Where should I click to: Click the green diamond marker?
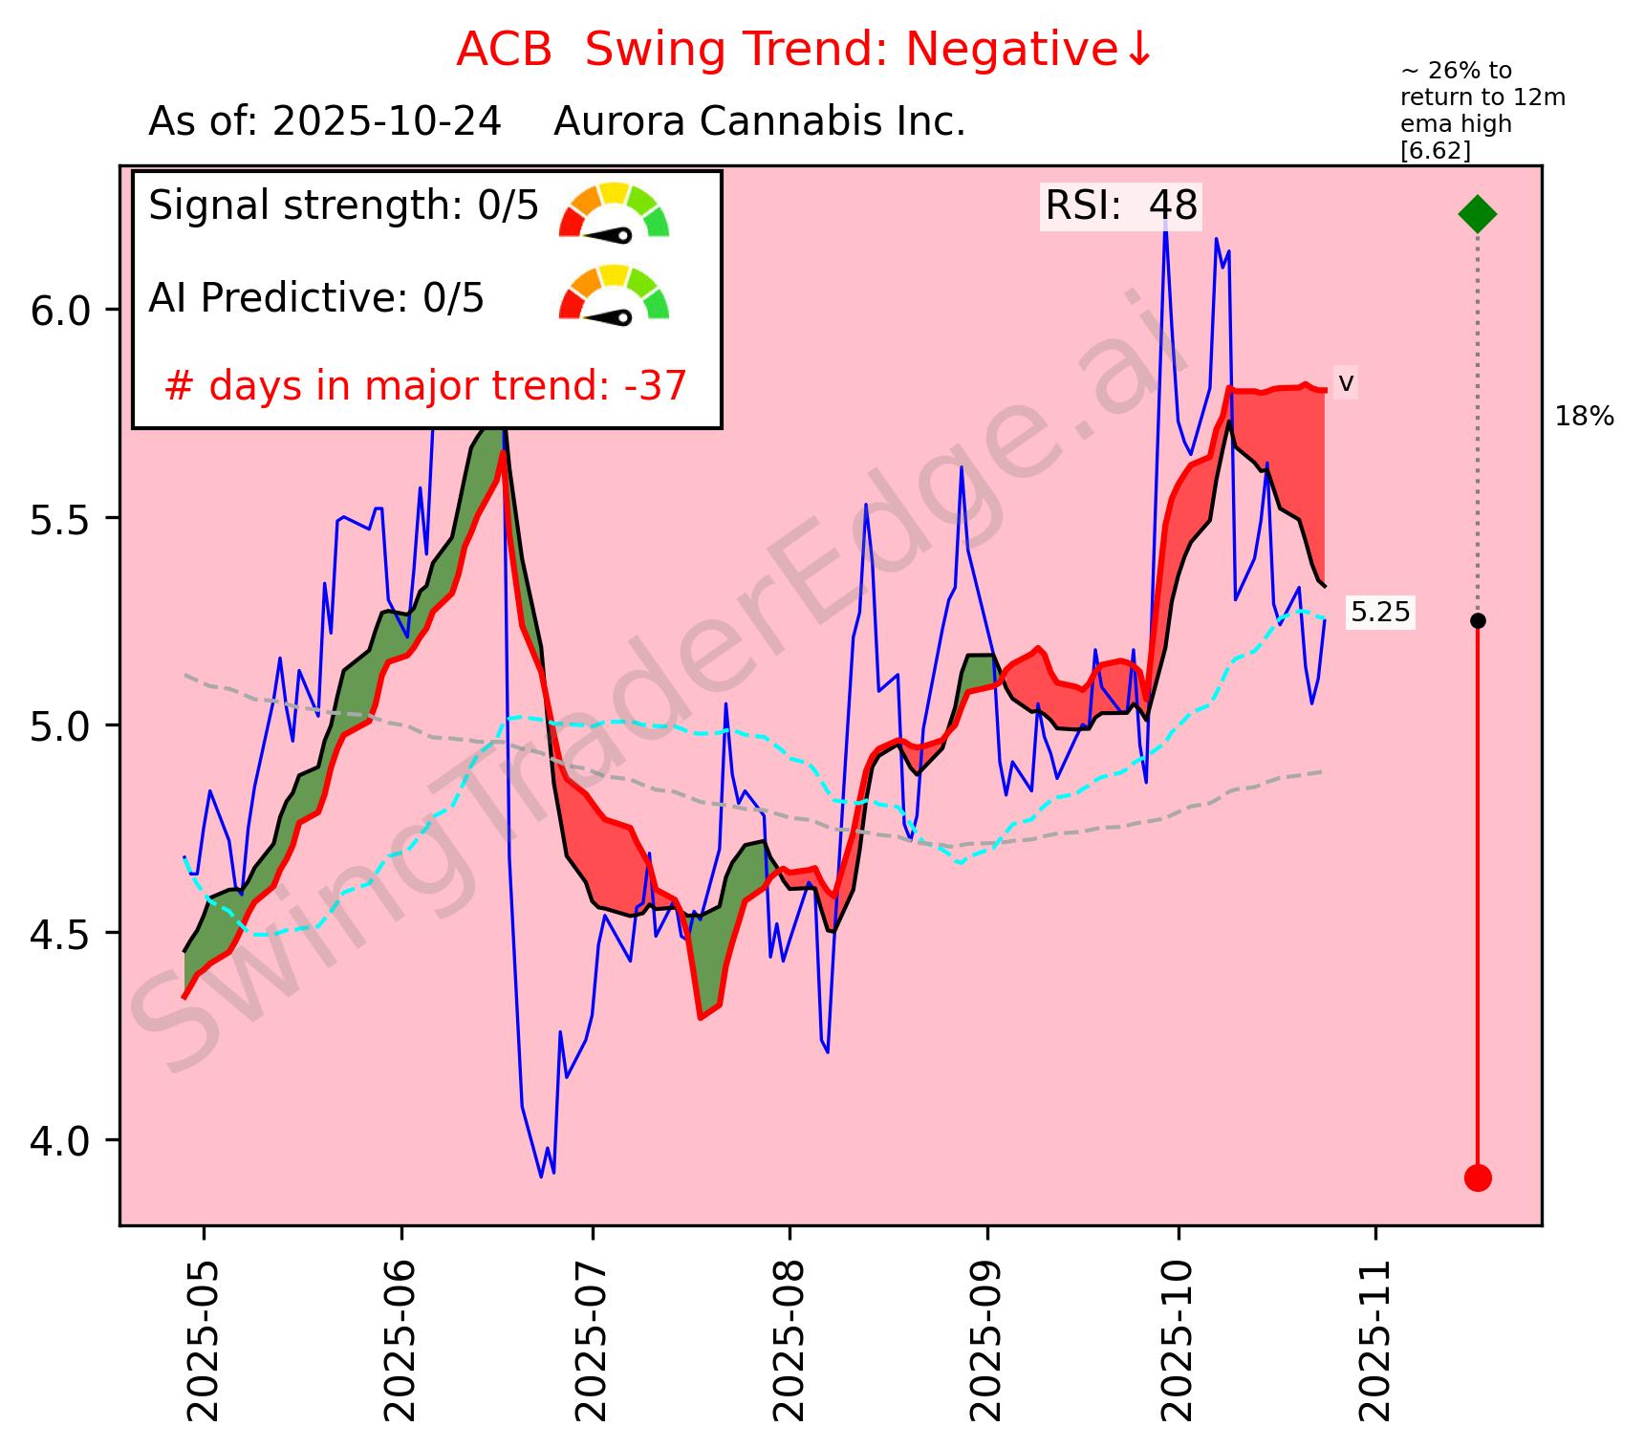[1477, 213]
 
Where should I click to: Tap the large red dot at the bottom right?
[1478, 1178]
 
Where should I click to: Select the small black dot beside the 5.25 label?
[1478, 620]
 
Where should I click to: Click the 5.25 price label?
[1380, 613]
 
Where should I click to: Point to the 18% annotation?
[1584, 417]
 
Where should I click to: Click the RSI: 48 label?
[1121, 206]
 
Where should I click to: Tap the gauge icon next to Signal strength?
[614, 210]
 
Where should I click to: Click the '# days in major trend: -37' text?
[425, 386]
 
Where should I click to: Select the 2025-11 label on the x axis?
[1376, 1337]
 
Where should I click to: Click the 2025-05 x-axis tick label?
[204, 1337]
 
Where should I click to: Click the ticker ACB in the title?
[504, 51]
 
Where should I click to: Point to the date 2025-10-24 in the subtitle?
[387, 122]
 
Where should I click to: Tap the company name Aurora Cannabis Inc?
[760, 122]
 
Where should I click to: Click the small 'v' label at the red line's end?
[1345, 383]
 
